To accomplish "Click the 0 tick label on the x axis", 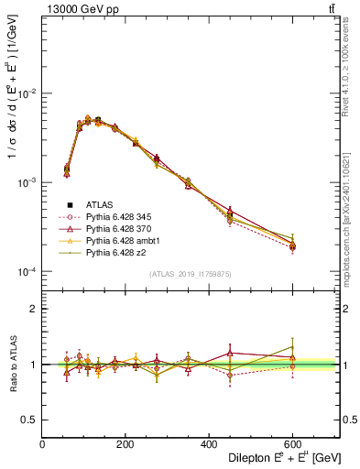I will point(42,445).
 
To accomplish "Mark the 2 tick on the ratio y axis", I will point(35,310).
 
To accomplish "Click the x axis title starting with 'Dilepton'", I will point(280,458).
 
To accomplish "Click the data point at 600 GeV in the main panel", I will point(292,246).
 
